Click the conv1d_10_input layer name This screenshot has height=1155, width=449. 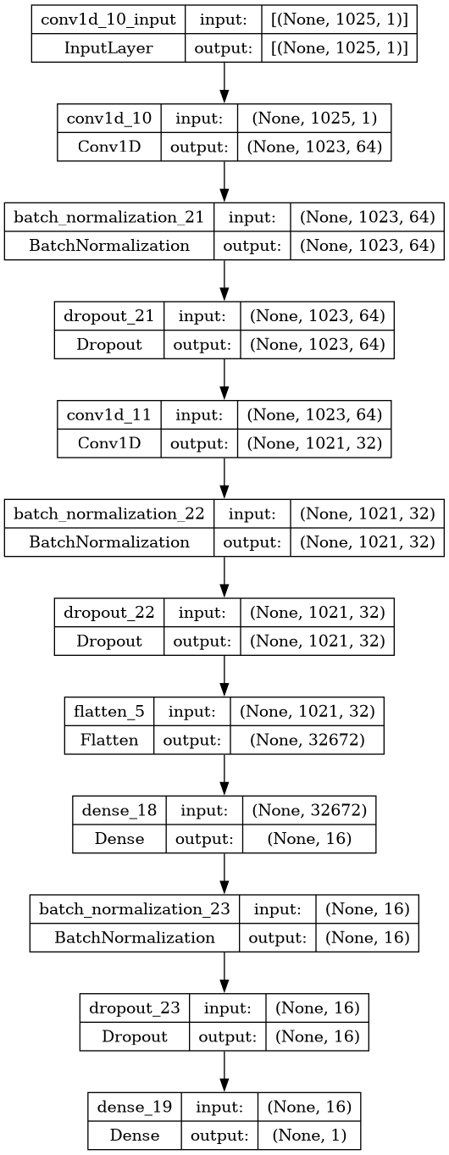click(x=108, y=19)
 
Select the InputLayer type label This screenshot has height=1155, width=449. click(x=108, y=48)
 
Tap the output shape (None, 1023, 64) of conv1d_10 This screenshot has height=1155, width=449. click(x=314, y=147)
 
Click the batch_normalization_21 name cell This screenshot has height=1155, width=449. click(x=108, y=217)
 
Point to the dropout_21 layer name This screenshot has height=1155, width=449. click(x=108, y=315)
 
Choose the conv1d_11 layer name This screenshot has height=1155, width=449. click(x=108, y=414)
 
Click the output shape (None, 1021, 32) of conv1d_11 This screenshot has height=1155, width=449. click(x=314, y=443)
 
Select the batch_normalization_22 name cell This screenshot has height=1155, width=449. click(x=108, y=514)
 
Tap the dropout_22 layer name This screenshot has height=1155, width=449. click(x=108, y=612)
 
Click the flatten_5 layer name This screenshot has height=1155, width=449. click(x=108, y=712)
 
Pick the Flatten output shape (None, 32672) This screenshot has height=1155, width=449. click(x=308, y=740)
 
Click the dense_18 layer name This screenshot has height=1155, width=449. click(x=119, y=810)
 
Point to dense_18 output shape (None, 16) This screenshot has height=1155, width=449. click(x=309, y=838)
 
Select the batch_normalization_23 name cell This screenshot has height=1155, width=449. click(x=135, y=908)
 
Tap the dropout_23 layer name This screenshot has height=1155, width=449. click(x=135, y=1008)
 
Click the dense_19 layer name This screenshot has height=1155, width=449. click(x=135, y=1107)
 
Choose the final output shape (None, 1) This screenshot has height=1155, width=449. click(x=309, y=1135)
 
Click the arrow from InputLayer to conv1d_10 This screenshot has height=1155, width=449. click(x=224, y=82)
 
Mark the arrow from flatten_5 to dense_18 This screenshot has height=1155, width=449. click(x=224, y=775)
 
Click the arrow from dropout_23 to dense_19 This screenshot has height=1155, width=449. click(x=224, y=1071)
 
